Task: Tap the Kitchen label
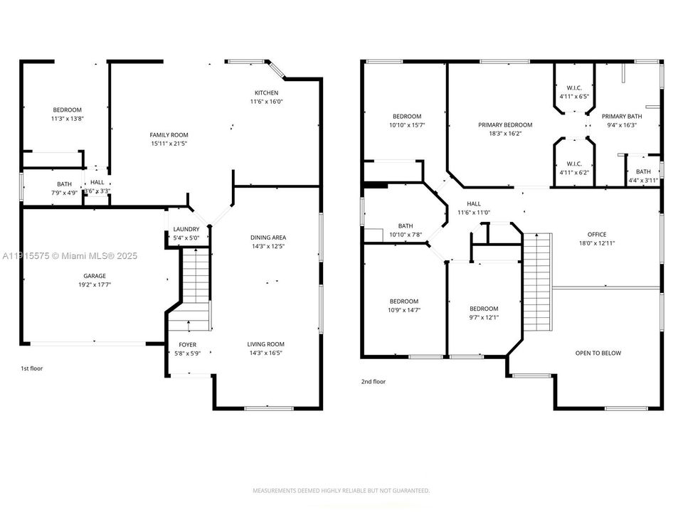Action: pyautogui.click(x=267, y=93)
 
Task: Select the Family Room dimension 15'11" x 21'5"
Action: pyautogui.click(x=169, y=144)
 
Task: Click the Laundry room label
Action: pyautogui.click(x=186, y=229)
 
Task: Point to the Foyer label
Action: pyautogui.click(x=187, y=344)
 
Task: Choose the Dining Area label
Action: pyautogui.click(x=268, y=238)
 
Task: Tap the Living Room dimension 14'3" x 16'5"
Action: pyautogui.click(x=267, y=353)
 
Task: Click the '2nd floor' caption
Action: pyautogui.click(x=373, y=382)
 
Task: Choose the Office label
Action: pyautogui.click(x=596, y=235)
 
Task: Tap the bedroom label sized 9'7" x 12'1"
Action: pyautogui.click(x=484, y=309)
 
